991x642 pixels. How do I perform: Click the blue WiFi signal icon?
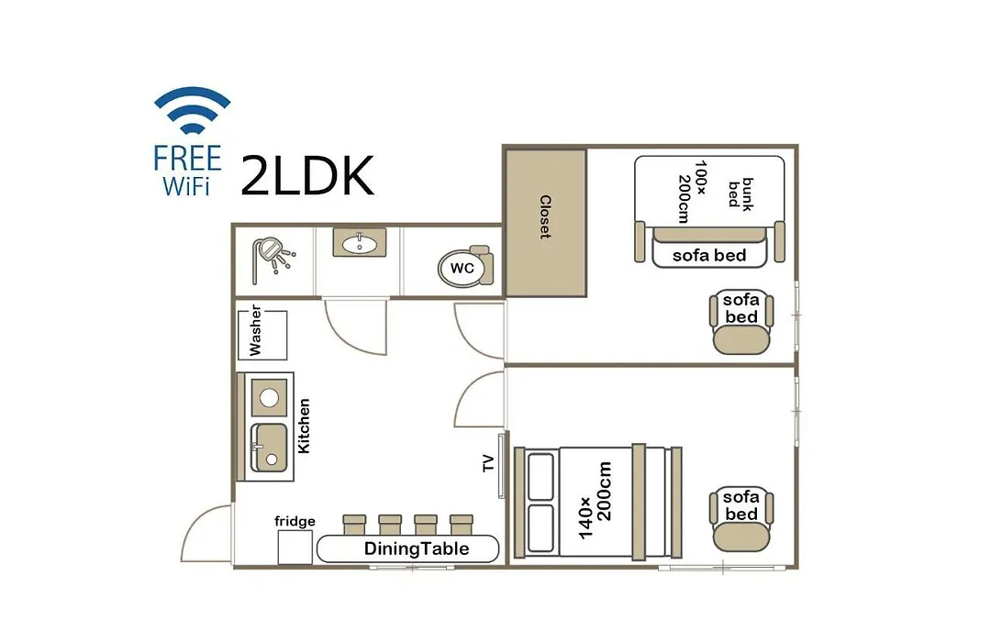coord(192,110)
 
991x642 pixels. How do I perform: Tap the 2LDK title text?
coord(307,176)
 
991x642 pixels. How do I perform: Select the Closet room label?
coord(545,216)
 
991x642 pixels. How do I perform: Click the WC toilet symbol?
coord(466,267)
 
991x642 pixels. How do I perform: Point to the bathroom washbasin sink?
coord(360,243)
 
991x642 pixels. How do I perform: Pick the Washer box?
coord(262,335)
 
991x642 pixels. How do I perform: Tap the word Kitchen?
coord(304,426)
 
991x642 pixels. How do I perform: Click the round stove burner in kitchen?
coord(269,397)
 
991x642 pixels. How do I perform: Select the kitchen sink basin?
coord(270,448)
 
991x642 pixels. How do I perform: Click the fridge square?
coord(295,548)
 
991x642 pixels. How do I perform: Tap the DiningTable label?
coord(417,548)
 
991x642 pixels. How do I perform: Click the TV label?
coord(488,463)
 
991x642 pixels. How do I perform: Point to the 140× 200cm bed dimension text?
coord(596,501)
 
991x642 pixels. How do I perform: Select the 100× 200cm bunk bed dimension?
coord(692,192)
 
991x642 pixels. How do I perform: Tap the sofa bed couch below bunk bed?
coord(709,247)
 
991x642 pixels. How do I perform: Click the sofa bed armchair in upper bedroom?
coord(741,322)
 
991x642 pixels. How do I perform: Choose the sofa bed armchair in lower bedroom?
coord(741,519)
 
